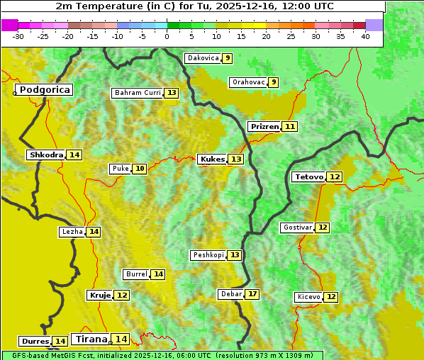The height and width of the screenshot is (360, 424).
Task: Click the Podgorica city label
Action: [x=45, y=90]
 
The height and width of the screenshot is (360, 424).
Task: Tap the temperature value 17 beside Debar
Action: [x=252, y=294]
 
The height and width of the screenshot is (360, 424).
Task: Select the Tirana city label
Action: [x=90, y=339]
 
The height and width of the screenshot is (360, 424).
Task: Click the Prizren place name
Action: [x=264, y=126]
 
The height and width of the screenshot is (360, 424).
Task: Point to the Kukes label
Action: [x=212, y=159]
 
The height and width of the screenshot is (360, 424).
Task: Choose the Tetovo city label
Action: [x=309, y=176]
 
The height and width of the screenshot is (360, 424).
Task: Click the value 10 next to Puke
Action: [x=140, y=169]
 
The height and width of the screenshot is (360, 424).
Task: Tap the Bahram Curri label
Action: [x=138, y=93]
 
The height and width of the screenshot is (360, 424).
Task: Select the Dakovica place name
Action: [x=203, y=58]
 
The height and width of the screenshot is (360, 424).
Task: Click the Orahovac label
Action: [x=248, y=82]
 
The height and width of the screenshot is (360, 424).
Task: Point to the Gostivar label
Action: [x=297, y=227]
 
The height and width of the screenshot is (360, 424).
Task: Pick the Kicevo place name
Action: [x=308, y=297]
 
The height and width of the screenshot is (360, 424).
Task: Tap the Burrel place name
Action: [x=136, y=274]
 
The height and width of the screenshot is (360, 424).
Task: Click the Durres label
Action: [x=35, y=342]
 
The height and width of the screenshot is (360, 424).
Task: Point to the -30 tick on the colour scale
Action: [x=18, y=36]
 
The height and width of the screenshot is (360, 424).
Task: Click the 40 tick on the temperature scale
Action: [x=365, y=36]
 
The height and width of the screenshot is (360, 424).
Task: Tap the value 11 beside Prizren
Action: [x=290, y=126]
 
